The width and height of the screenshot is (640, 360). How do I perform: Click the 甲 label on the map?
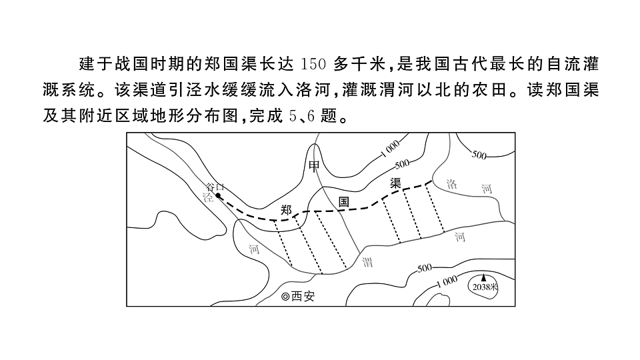pos(314,166)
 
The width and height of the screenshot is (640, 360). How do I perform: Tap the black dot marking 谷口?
pos(218,195)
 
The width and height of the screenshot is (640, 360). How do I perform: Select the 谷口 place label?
pos(215,187)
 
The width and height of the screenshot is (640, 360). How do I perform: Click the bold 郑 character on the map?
pos(286,210)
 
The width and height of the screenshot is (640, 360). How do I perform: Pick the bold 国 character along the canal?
pos(344,201)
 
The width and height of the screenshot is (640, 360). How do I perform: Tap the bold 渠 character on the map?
pos(395,183)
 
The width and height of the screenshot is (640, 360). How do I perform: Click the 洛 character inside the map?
pos(451,185)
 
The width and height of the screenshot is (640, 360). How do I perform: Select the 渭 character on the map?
pos(367,262)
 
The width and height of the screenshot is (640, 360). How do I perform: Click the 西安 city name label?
pos(303,296)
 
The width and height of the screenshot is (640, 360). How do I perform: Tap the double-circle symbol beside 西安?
pos(285,297)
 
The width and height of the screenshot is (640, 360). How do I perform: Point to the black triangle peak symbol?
pos(484,278)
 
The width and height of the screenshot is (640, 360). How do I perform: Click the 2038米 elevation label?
pos(485,287)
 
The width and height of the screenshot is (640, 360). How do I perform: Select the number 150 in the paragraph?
pos(313,65)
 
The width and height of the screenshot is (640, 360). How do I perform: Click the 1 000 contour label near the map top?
pos(390,149)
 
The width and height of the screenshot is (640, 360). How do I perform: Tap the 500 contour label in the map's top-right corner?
pos(479,155)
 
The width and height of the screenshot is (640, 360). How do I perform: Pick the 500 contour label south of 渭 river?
pos(425,268)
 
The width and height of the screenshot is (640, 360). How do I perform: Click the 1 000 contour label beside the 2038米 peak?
pos(447,281)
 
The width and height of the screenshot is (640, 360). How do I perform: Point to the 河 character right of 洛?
pos(487,189)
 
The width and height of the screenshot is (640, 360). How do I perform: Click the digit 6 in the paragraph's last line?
pos(311,117)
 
